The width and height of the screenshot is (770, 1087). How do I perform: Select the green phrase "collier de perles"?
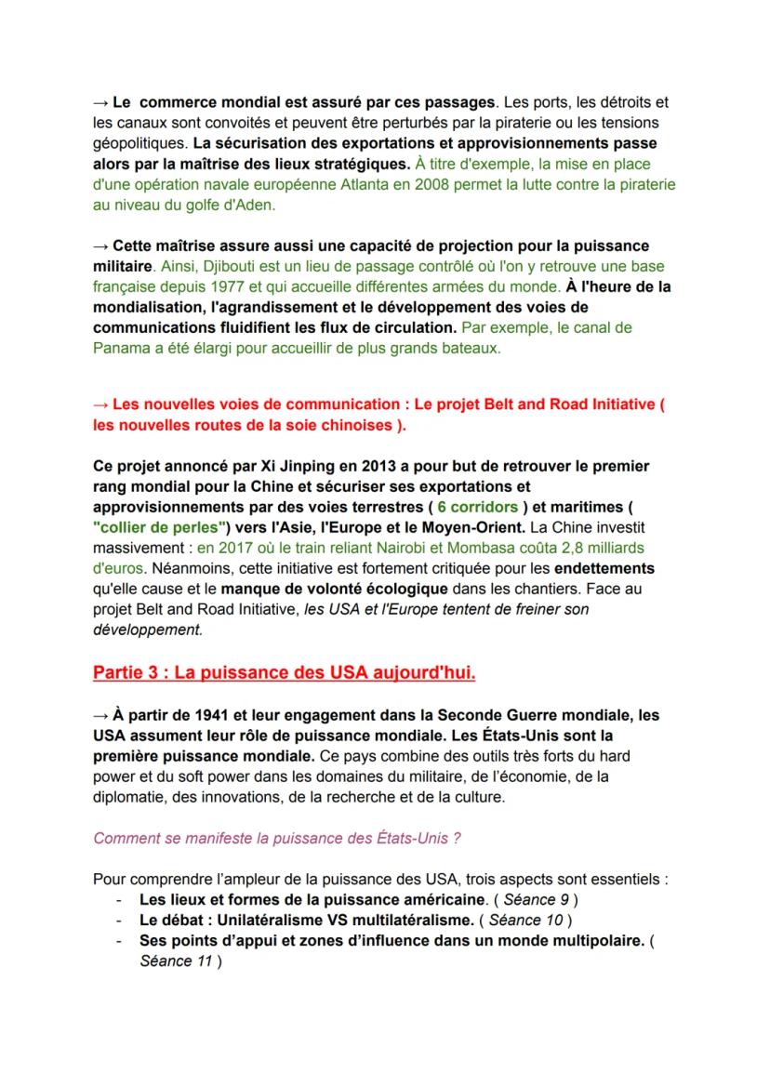point(155,527)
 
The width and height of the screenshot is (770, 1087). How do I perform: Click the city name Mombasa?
point(507,548)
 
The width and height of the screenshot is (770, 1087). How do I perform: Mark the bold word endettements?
point(604,567)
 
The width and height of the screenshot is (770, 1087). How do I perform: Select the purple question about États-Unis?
point(277,837)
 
